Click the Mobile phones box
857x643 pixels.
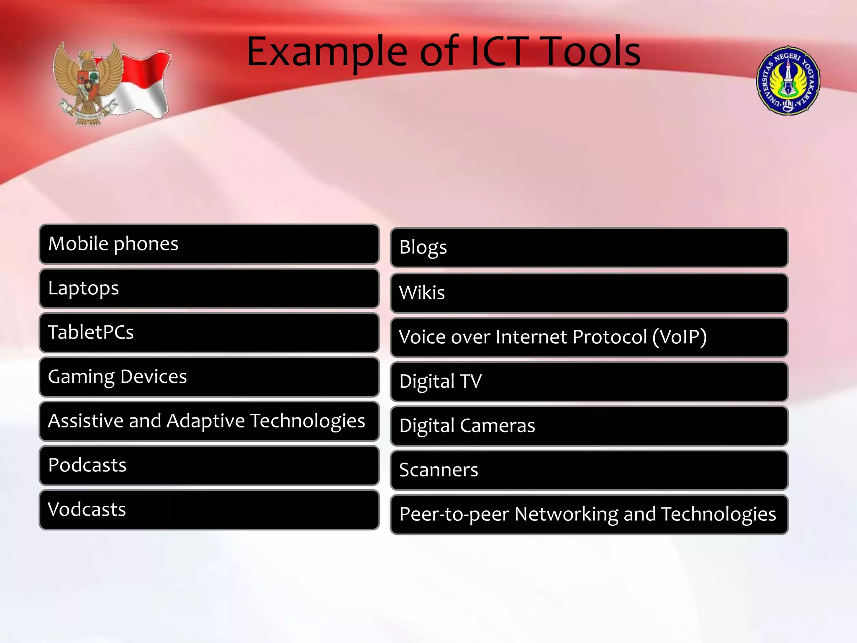pyautogui.click(x=209, y=244)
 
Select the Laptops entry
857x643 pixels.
pyautogui.click(x=209, y=288)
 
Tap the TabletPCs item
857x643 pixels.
pyautogui.click(x=209, y=333)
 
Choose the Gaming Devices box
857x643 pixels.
pyautogui.click(x=209, y=377)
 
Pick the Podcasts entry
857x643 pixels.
pyautogui.click(x=209, y=466)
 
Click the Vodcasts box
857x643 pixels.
pyautogui.click(x=209, y=510)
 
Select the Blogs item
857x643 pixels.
pyautogui.click(x=589, y=247)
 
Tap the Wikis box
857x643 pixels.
pyautogui.click(x=589, y=293)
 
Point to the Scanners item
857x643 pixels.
pyautogui.click(x=589, y=470)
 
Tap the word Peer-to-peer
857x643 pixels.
pyautogui.click(x=454, y=514)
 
